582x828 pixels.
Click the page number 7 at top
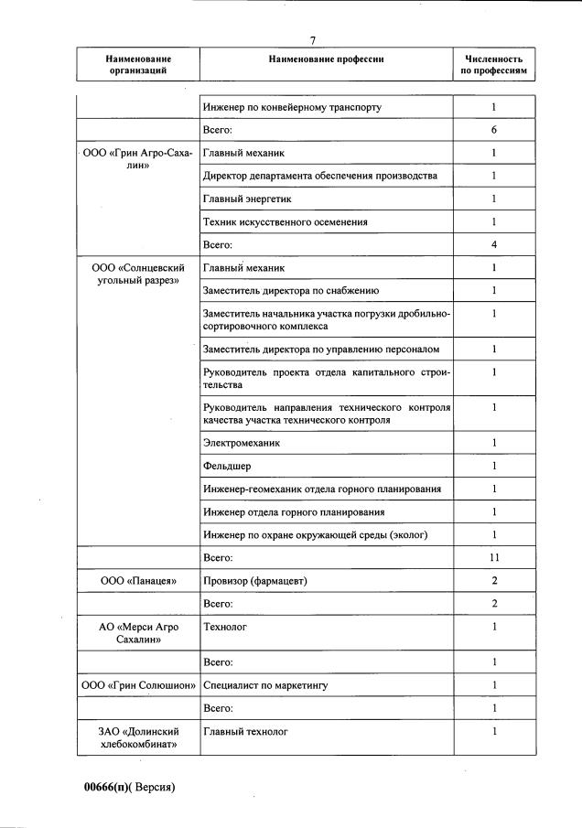tap(313, 40)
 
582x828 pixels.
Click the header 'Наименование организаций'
tap(138, 64)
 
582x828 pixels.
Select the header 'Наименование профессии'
tap(326, 59)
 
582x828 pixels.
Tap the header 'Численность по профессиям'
tap(494, 64)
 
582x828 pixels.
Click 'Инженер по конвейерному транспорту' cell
tap(292, 107)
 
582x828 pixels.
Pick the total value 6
tap(494, 130)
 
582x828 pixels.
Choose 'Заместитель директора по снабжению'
tap(291, 291)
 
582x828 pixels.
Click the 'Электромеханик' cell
tap(242, 443)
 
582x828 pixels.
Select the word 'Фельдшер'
tap(227, 466)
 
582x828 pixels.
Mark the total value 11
tap(494, 557)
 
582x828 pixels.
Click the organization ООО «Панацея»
tap(138, 581)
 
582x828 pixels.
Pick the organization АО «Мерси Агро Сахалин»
tap(138, 633)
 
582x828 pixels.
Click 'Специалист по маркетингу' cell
tap(265, 685)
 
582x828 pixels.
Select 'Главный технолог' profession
tap(245, 732)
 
